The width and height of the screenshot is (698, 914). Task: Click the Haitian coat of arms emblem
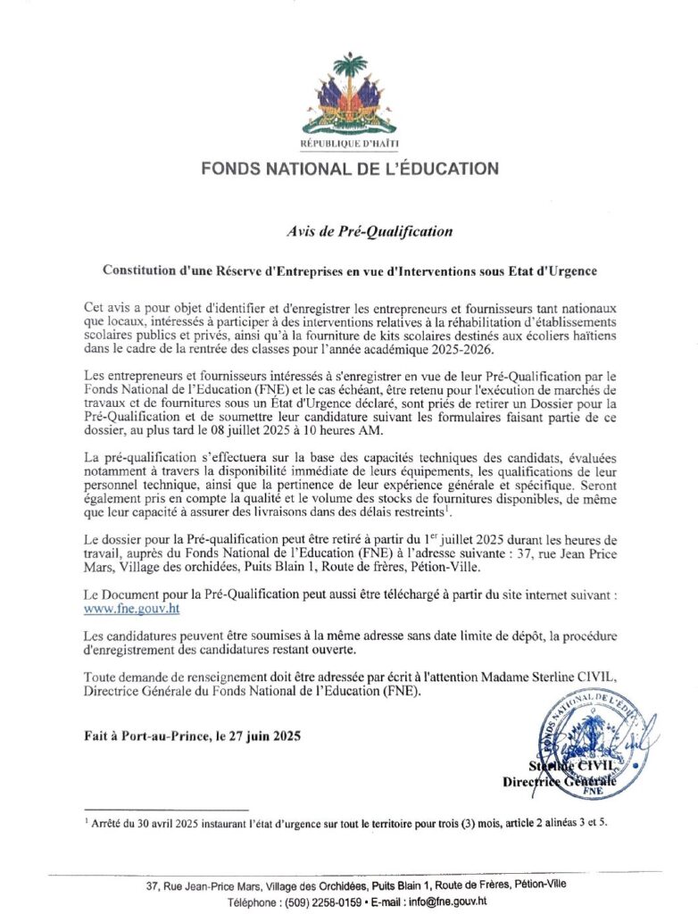[350, 94]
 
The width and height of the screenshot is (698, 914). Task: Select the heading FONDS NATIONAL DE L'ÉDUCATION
[349, 168]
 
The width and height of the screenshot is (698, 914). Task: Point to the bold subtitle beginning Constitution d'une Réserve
[349, 269]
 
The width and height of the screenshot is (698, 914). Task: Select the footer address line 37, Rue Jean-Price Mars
[348, 885]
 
